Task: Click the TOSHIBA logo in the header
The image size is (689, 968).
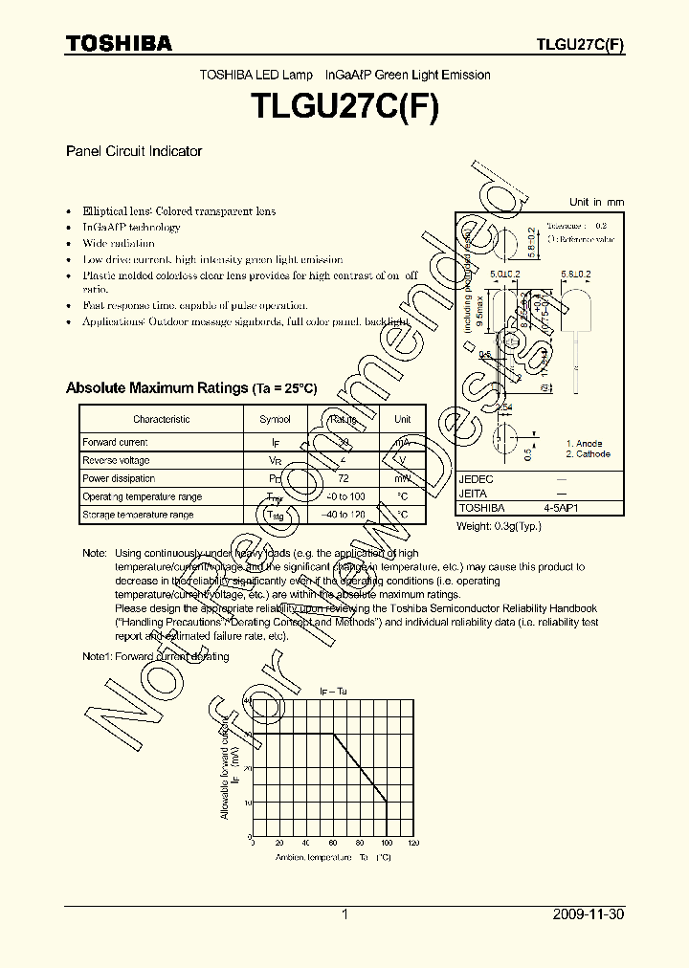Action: (119, 43)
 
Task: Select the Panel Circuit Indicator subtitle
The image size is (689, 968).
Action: (133, 151)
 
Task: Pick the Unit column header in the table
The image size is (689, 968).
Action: (403, 419)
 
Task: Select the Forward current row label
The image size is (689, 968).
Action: (115, 443)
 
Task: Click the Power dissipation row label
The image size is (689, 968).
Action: (119, 478)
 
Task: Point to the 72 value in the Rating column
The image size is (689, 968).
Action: (343, 478)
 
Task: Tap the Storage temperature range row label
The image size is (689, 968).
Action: (138, 515)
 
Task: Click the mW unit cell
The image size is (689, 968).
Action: (403, 478)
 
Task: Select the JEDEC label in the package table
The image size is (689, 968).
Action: (477, 479)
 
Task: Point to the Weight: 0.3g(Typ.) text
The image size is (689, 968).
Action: (499, 526)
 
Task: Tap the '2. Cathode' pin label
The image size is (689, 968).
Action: (588, 454)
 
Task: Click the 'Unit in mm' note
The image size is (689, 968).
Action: (596, 202)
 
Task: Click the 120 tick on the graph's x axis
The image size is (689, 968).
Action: (413, 843)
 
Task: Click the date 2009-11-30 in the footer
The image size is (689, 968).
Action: (589, 914)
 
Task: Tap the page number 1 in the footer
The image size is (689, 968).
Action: (344, 914)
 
